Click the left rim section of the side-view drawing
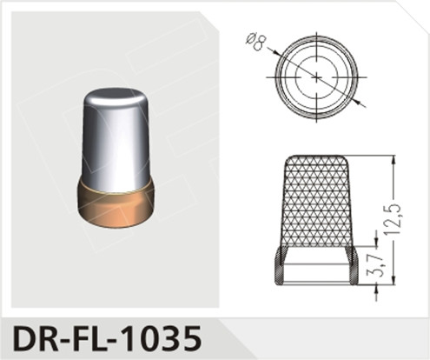click(x=280, y=265)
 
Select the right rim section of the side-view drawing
click(x=352, y=265)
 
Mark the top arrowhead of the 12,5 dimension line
click(x=393, y=161)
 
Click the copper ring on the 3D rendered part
click(x=117, y=202)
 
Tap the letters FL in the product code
click(x=93, y=336)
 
